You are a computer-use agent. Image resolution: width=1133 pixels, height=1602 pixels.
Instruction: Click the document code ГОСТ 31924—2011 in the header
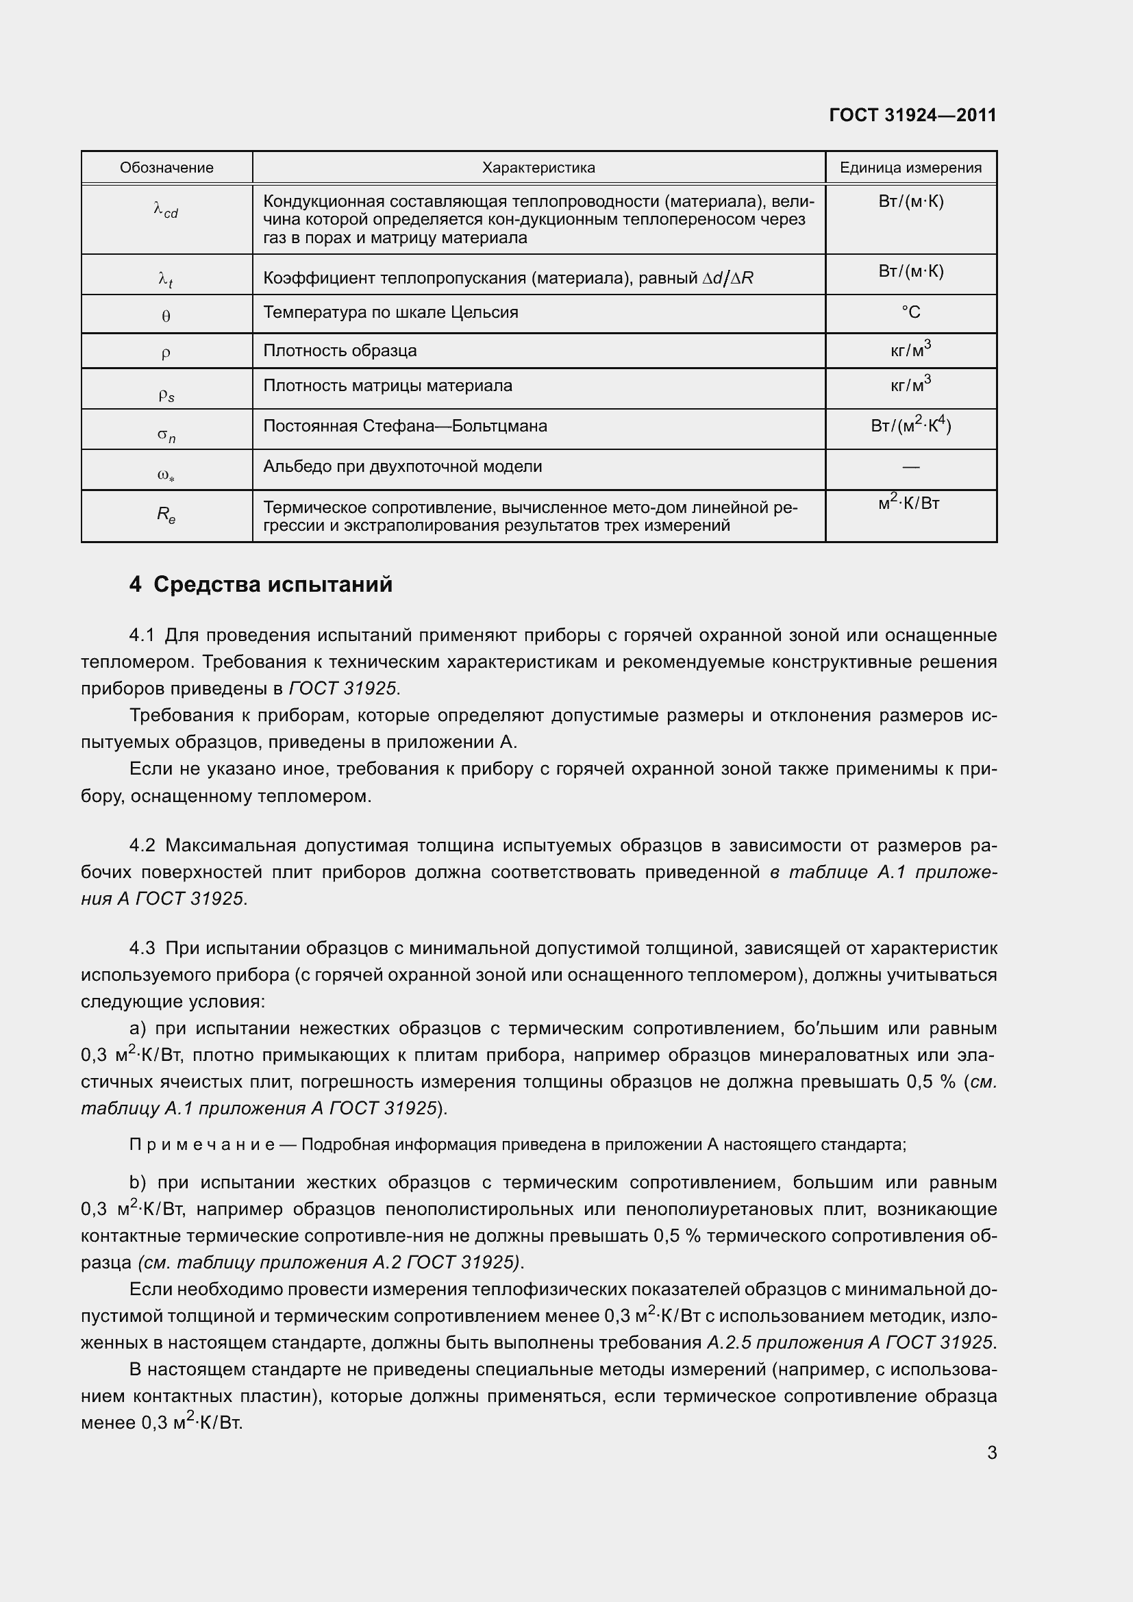912,115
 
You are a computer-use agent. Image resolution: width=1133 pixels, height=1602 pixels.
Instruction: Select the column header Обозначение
166,167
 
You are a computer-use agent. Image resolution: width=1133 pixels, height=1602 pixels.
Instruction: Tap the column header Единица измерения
910,167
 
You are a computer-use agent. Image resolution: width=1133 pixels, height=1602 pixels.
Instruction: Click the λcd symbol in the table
166,210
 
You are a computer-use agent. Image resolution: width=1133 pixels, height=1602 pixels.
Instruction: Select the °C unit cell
910,312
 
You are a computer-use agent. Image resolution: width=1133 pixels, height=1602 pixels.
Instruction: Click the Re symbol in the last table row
166,515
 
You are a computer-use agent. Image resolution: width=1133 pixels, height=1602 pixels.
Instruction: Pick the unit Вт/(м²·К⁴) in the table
910,424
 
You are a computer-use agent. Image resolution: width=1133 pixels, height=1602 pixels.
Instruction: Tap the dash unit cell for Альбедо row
910,466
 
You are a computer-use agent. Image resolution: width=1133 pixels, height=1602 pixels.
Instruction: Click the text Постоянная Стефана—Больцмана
405,425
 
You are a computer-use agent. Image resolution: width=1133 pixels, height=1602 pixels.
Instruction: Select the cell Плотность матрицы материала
387,385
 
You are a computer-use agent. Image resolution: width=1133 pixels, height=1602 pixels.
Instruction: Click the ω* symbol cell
166,476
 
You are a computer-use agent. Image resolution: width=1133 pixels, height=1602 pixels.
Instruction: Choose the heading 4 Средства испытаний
261,585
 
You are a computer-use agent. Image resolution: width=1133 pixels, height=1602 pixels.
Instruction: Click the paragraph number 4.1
142,636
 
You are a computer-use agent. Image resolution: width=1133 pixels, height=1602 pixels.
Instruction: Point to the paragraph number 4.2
142,846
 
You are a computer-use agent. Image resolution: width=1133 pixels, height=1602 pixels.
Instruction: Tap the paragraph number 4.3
142,948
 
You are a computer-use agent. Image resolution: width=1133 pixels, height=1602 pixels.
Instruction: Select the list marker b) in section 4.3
137,1183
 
